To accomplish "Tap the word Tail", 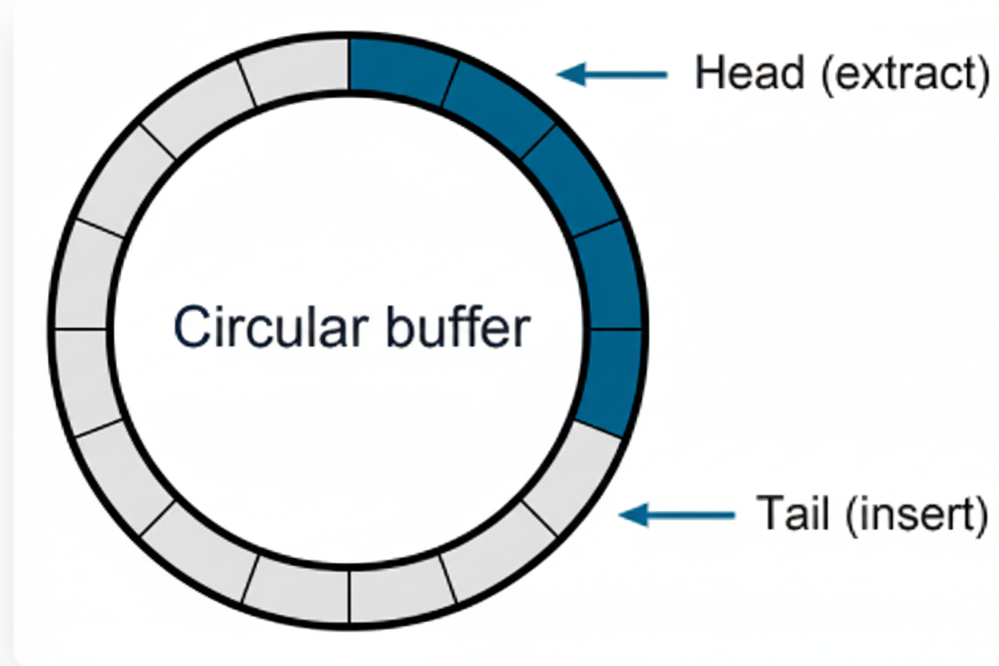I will coord(792,513).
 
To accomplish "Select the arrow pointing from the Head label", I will coord(612,74).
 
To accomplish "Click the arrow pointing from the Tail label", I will coord(676,515).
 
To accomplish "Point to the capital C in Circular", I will coord(191,327).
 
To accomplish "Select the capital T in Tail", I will coord(770,513).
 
